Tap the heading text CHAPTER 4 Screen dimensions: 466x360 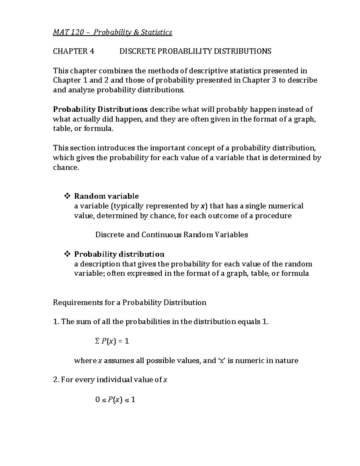pos(73,51)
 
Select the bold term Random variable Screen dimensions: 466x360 pos(106,196)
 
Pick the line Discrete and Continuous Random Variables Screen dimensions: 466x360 pos(171,235)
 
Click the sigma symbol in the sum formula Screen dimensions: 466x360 pos(97,341)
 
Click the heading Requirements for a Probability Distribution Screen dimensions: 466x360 pos(130,302)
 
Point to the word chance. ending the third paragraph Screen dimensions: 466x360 pos(66,167)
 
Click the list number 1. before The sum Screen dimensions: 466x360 pos(56,322)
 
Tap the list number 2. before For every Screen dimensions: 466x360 pos(56,380)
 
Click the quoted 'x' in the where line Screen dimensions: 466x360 pos(221,360)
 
